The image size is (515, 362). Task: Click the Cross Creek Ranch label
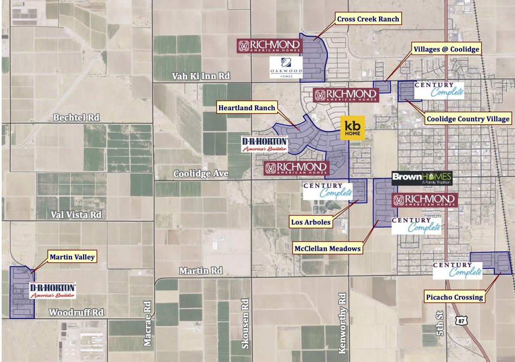click(x=368, y=19)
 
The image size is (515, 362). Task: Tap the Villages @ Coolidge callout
click(x=446, y=49)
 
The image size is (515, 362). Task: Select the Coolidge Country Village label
click(x=468, y=119)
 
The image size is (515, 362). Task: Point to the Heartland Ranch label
click(x=246, y=108)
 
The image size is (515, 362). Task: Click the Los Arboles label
click(x=311, y=222)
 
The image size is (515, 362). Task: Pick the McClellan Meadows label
click(x=327, y=248)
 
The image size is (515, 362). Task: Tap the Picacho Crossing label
click(x=454, y=297)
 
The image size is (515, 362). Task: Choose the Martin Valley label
click(x=72, y=257)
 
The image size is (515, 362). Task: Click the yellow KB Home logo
click(x=353, y=127)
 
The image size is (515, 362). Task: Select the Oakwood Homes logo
click(x=286, y=67)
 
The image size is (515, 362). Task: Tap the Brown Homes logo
click(x=422, y=178)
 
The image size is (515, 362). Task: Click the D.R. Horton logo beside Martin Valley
click(x=53, y=290)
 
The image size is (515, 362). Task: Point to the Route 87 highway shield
click(x=460, y=320)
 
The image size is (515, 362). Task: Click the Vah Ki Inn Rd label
click(x=201, y=76)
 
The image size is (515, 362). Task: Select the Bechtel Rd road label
click(x=76, y=117)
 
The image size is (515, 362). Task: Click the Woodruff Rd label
click(x=76, y=312)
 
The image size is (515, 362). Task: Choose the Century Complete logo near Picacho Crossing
click(x=457, y=271)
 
